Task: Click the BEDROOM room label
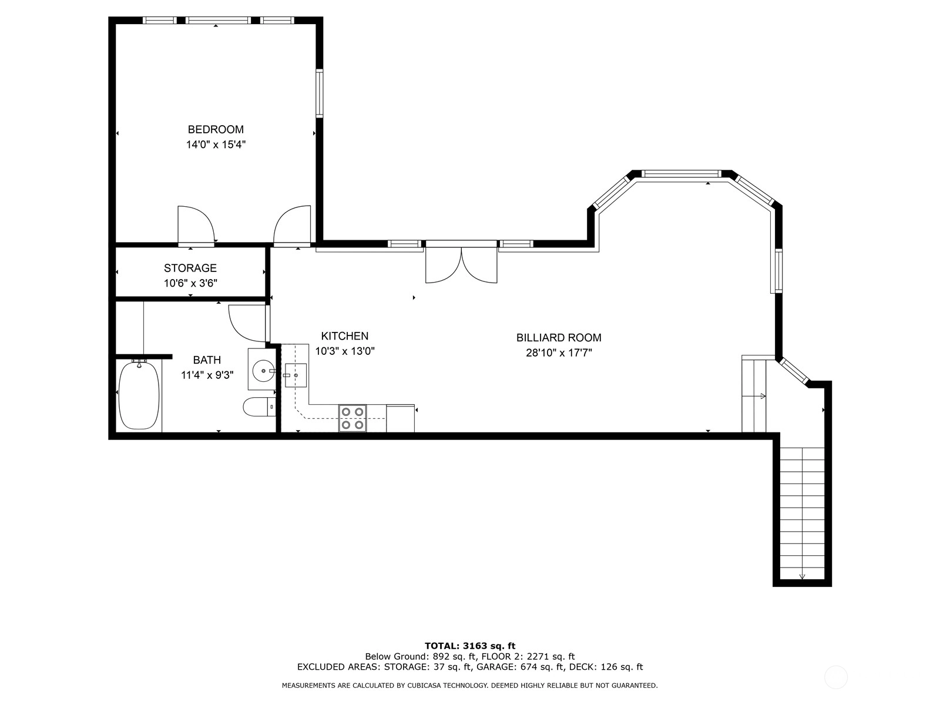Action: [216, 129]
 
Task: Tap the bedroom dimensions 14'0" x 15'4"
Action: [216, 145]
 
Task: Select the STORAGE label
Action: [190, 268]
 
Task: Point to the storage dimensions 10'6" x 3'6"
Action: [190, 283]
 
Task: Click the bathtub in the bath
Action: [139, 395]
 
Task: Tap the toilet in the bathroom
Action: [259, 407]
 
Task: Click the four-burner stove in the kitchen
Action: [352, 418]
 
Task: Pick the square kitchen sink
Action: [296, 375]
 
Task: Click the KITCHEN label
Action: [345, 336]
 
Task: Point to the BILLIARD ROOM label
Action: [559, 338]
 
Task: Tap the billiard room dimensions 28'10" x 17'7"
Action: [559, 353]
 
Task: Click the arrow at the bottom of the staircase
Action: [802, 576]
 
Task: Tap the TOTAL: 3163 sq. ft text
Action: [470, 646]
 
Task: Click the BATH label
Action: [207, 360]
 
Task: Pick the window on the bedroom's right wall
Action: [320, 93]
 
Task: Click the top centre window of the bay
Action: [681, 173]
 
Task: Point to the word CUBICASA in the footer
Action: [424, 685]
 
